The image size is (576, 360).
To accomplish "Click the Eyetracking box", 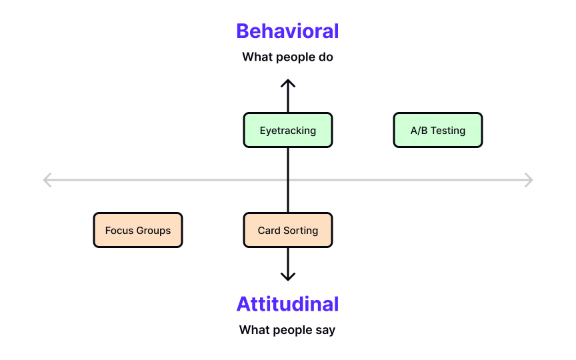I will point(287,130).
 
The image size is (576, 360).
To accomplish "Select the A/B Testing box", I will point(437,130).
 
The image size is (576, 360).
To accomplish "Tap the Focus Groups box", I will point(138,231).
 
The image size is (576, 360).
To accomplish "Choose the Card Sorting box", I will point(287,231).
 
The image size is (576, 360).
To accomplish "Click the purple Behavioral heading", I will point(287,31).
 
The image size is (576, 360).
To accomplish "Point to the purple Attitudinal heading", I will point(287,304).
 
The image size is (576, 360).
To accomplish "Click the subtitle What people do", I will point(287,57).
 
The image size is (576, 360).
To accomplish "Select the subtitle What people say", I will point(287,330).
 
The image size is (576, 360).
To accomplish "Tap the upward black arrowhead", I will point(287,84).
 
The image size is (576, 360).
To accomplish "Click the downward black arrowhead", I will point(287,275).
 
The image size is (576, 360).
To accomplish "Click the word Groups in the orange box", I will point(153,231).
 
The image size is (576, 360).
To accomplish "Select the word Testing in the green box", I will point(448,131).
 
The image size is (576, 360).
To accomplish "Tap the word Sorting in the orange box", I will point(301,231).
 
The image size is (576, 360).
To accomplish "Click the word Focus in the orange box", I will point(119,231).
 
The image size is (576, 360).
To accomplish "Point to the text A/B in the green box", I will point(419,131).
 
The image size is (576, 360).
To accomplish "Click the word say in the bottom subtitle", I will point(325,331).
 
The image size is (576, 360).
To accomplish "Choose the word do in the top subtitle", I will point(325,57).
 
